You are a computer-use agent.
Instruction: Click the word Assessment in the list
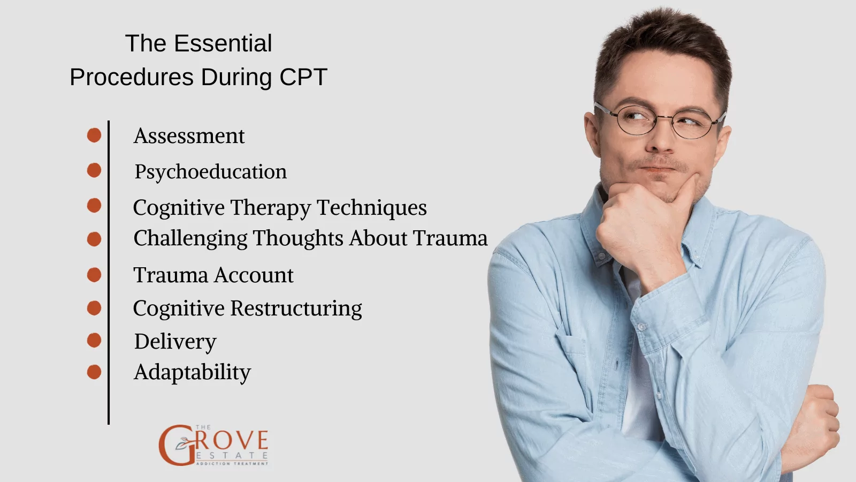pos(189,136)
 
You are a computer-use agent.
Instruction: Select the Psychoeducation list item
pos(210,172)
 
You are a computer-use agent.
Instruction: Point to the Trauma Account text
pos(213,275)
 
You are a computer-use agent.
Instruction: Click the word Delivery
pos(175,342)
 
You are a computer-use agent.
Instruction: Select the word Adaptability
pos(192,372)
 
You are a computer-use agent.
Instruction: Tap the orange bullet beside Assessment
pos(94,135)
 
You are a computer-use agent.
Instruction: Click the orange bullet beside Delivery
pos(94,340)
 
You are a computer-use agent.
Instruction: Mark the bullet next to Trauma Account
pos(94,275)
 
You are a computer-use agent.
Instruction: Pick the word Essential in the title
pos(223,43)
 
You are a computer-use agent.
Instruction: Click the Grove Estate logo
pos(214,445)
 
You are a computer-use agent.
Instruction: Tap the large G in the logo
pos(174,445)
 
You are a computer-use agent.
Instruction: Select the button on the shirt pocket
pos(641,326)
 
